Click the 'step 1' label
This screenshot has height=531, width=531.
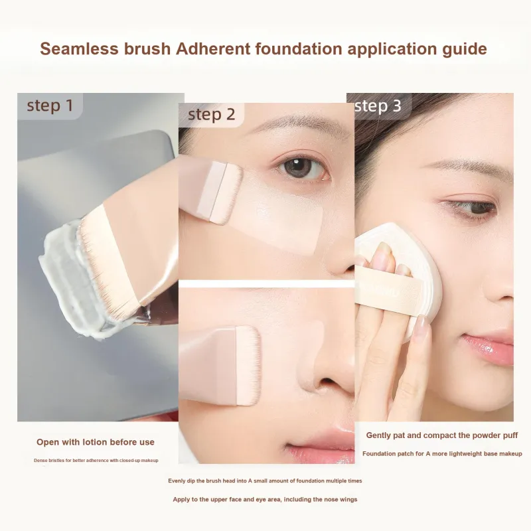pos(50,106)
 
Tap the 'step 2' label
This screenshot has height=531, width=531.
pos(211,114)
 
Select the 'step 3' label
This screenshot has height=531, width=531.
pos(378,106)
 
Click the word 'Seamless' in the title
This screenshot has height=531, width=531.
pos(79,48)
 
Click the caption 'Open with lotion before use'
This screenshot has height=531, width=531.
pos(96,442)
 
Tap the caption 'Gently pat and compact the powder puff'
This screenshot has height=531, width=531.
pos(442,435)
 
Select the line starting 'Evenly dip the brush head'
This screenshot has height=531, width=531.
pos(265,481)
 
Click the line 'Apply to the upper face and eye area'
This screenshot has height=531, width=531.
pos(265,500)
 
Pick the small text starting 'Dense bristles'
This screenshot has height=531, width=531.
pos(96,461)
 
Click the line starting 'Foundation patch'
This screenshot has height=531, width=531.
pos(442,454)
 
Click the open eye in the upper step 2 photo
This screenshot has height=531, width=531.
pos(301,168)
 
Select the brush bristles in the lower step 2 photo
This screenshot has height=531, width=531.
pos(248,366)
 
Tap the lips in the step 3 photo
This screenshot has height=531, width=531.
pos(489,349)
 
